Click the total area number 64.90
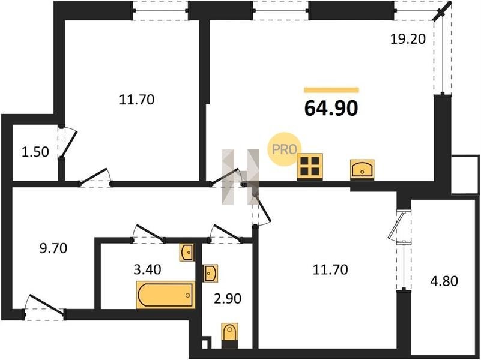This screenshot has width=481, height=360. pos(331,108)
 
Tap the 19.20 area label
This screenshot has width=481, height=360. pos(408,39)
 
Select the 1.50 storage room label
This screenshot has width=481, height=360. pos(35,152)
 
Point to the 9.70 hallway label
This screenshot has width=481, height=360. pos(53,248)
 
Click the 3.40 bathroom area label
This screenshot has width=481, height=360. pos(147,269)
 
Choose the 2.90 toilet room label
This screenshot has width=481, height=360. pos(228,298)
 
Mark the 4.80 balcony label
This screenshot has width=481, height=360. pos(444,281)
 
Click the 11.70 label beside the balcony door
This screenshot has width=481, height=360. pos(330,269)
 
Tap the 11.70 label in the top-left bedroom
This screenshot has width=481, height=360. pos(136,100)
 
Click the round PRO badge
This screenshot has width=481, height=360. pos(284,149)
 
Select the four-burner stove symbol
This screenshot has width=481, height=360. pos(309,166)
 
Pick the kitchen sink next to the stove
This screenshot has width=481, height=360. pos(362,169)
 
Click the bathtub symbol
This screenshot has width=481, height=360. pos(166,295)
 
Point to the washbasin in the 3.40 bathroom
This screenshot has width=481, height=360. pos(187,253)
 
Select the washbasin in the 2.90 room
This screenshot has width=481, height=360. pos(211,273)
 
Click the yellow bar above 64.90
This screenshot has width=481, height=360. pos(331,90)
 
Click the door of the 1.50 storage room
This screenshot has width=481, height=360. pos(69,144)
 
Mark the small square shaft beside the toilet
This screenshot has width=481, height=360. pos(205,344)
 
